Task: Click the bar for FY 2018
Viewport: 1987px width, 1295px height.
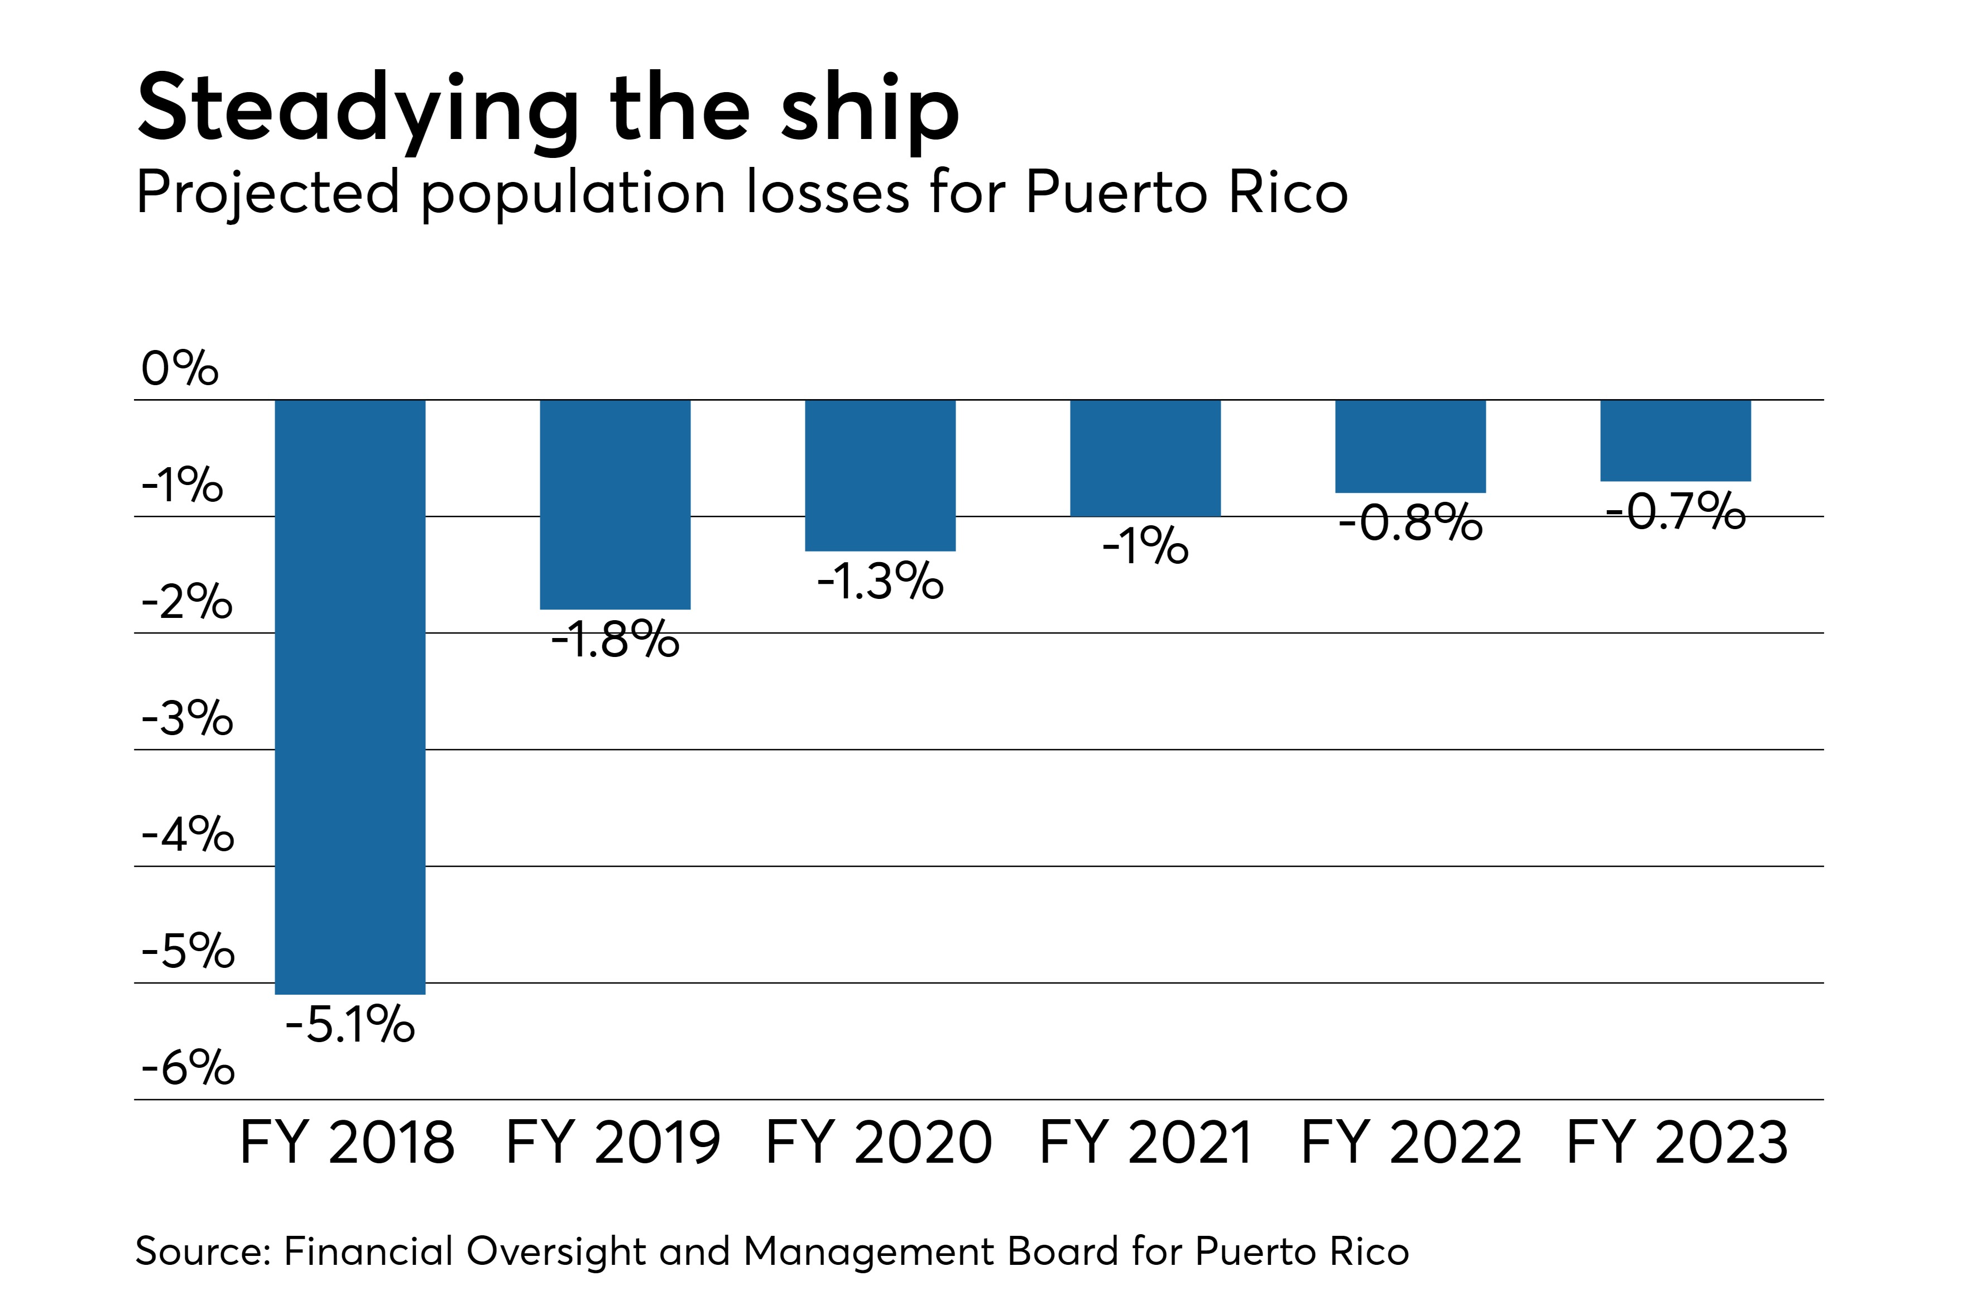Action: pyautogui.click(x=350, y=697)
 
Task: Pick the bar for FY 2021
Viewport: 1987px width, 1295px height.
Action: pyautogui.click(x=1145, y=458)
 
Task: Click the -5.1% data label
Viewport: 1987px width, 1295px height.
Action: pyautogui.click(x=350, y=1024)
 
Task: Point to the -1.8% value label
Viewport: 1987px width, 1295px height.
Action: pyautogui.click(x=615, y=640)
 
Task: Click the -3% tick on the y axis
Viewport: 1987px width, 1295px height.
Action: pyautogui.click(x=187, y=718)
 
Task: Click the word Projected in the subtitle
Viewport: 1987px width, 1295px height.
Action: pyautogui.click(x=268, y=194)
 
